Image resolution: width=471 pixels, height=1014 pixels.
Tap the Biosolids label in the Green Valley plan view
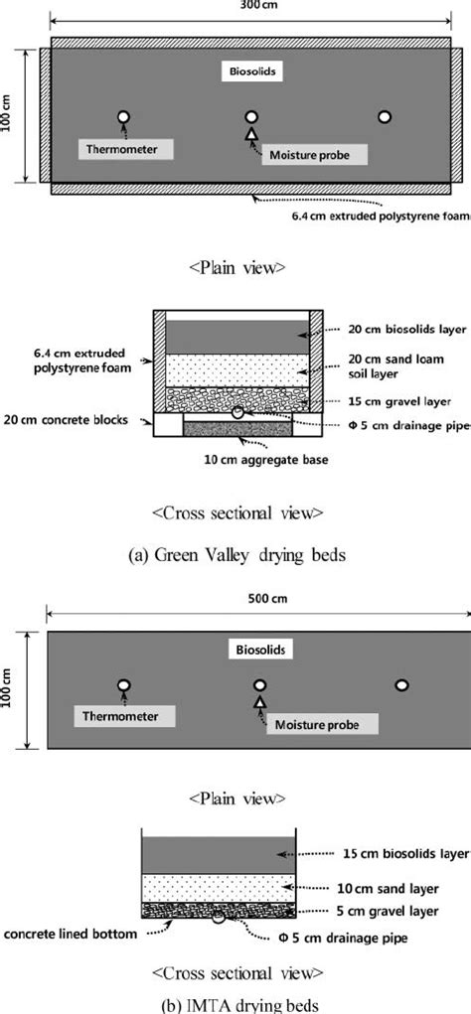click(x=249, y=72)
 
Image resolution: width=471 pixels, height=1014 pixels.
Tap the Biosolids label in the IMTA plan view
click(x=259, y=652)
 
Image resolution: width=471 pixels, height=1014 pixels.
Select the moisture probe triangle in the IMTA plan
click(x=260, y=702)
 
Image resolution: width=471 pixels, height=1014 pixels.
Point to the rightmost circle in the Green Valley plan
click(x=385, y=117)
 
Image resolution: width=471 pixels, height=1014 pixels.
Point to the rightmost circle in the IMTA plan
click(x=401, y=684)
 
